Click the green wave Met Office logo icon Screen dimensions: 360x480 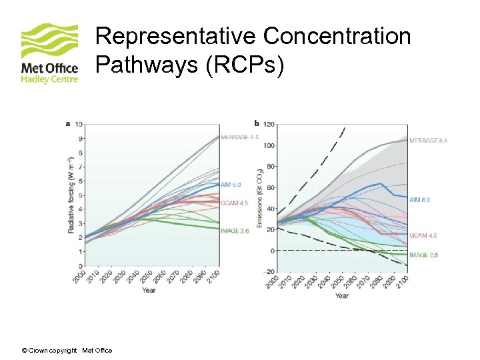[50, 42]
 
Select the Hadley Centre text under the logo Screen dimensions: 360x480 [49, 79]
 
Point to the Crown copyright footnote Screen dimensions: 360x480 [67, 350]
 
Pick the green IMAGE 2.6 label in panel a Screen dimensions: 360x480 [234, 231]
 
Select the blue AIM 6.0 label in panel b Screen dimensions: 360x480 [420, 199]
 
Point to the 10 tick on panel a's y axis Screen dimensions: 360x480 [79, 125]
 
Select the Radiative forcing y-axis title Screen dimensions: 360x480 [71, 195]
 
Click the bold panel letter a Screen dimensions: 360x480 [67, 123]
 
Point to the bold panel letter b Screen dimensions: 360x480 [257, 123]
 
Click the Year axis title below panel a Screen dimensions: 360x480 [149, 290]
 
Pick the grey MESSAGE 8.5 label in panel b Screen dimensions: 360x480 [428, 141]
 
